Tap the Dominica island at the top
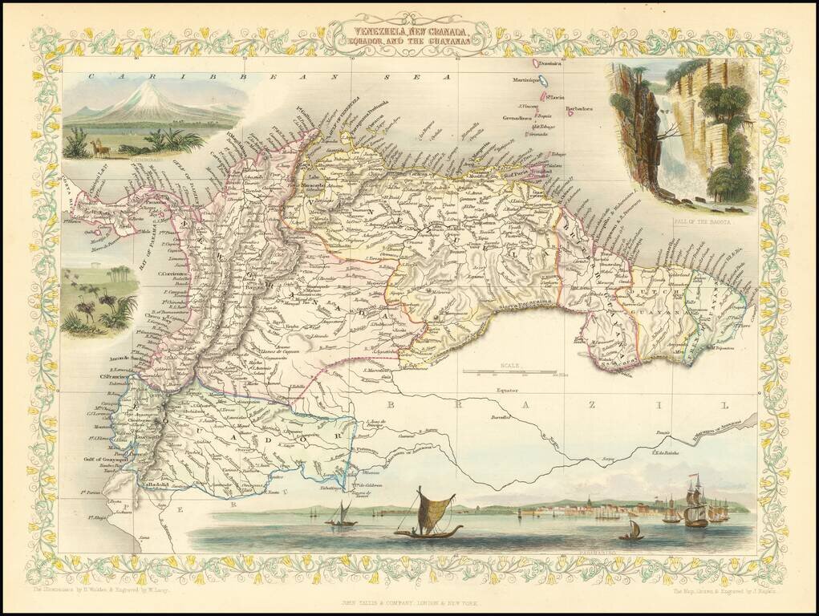[534, 63]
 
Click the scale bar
[509, 372]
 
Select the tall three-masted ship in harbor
[695, 501]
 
